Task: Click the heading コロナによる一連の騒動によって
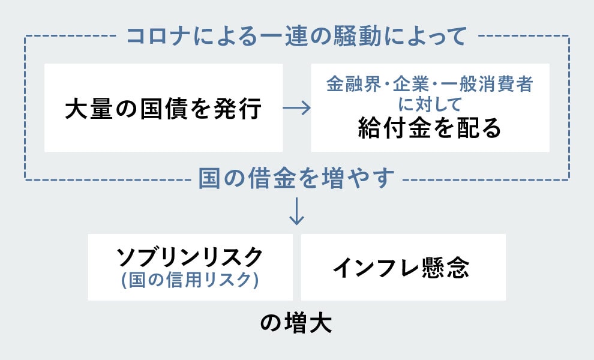(296, 37)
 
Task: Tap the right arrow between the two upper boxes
(296, 108)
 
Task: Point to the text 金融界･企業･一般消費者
(430, 85)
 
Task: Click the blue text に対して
(430, 104)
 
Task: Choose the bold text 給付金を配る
(430, 128)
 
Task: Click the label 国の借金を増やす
(296, 178)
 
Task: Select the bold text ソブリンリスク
(190, 257)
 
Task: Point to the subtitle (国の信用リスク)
(190, 280)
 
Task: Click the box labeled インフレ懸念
(403, 268)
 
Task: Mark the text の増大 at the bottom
(296, 324)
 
